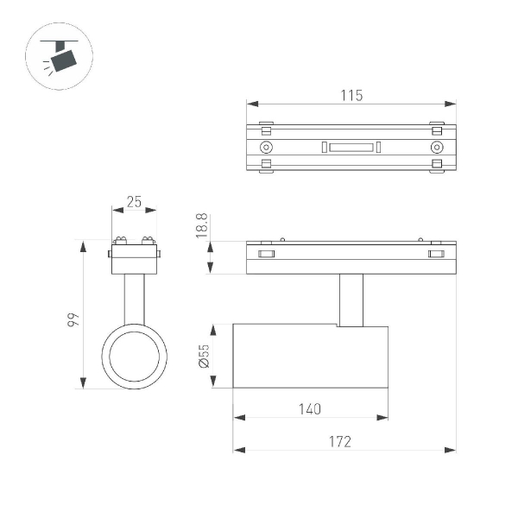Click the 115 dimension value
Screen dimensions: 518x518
click(x=351, y=94)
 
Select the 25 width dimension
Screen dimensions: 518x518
click(x=134, y=201)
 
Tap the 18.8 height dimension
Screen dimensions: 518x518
click(x=201, y=225)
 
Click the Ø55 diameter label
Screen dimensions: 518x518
click(x=204, y=357)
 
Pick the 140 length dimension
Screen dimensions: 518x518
click(x=310, y=408)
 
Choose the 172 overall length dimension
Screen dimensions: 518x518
click(x=340, y=440)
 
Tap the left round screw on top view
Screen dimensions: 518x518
click(x=266, y=148)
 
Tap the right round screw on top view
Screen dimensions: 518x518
click(x=436, y=148)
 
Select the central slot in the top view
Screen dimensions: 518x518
click(x=351, y=148)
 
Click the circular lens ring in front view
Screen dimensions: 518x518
click(x=134, y=356)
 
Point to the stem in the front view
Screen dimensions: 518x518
click(x=134, y=298)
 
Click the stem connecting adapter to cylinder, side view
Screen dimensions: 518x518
click(x=351, y=300)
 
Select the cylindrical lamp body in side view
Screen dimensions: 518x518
click(x=310, y=357)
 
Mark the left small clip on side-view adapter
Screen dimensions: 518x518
click(x=266, y=254)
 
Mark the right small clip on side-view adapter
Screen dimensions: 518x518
click(x=436, y=254)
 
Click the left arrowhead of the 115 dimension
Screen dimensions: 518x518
click(x=251, y=104)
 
